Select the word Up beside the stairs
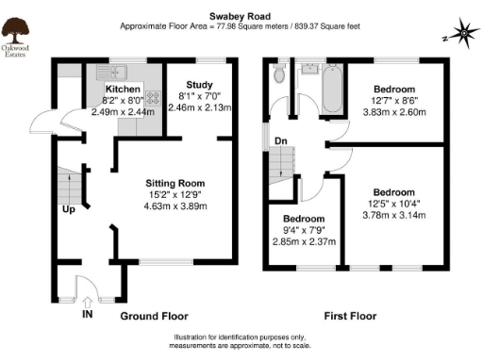coord(68,209)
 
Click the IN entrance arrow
coord(87,312)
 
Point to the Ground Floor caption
coord(154,316)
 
